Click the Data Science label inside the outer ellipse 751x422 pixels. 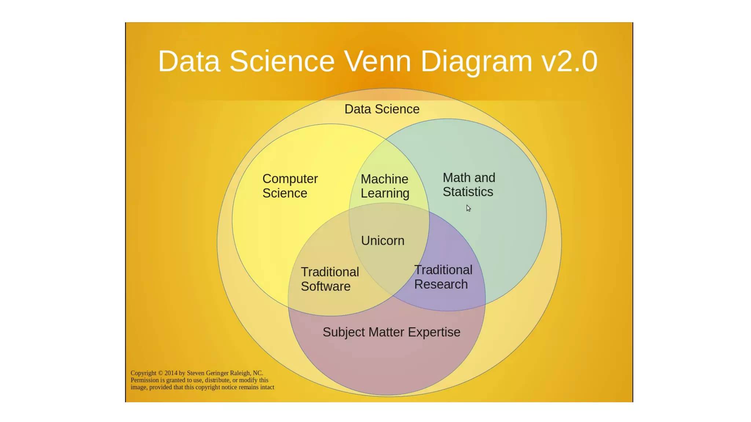tap(382, 109)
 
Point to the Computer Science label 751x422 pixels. tap(290, 186)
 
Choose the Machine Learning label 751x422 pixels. tap(385, 186)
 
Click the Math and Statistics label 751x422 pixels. tap(469, 185)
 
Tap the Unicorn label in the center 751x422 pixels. tap(382, 241)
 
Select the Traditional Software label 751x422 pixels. tap(330, 279)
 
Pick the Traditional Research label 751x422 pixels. tap(443, 277)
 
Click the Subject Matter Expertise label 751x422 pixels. tap(391, 332)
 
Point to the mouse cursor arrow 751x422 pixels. tap(468, 208)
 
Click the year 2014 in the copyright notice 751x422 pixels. tap(171, 373)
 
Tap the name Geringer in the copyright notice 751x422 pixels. tap(217, 373)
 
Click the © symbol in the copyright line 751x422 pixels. tap(160, 373)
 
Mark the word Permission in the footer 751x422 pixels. tap(145, 380)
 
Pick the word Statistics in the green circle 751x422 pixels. tap(468, 192)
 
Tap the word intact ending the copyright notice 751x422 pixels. tap(267, 387)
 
